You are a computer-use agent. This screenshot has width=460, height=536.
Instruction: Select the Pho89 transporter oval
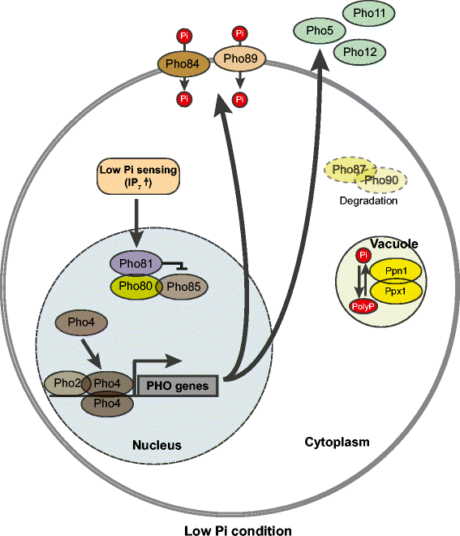[239, 59]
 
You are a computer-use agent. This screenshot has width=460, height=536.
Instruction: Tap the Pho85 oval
[180, 287]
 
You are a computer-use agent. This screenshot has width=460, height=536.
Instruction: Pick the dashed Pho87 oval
[347, 169]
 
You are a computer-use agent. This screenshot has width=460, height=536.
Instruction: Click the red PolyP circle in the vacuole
[361, 305]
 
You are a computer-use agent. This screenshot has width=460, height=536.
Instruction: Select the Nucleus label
[157, 445]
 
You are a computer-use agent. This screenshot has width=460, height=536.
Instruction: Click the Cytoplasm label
[337, 443]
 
